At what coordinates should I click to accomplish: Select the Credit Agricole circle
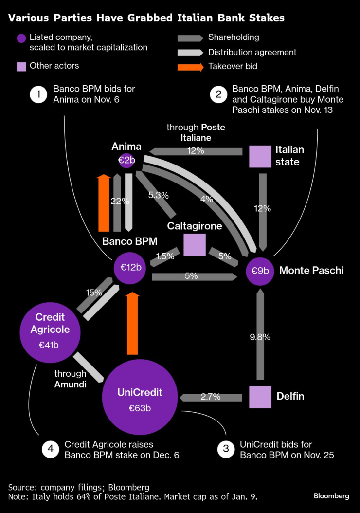pyautogui.click(x=50, y=330)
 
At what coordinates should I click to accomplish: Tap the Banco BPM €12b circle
pyautogui.click(x=130, y=268)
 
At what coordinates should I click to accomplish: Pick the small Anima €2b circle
pyautogui.click(x=126, y=160)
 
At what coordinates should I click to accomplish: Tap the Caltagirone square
pyautogui.click(x=195, y=244)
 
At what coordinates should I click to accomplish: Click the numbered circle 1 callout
pyautogui.click(x=38, y=94)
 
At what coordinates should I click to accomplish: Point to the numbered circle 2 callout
pyautogui.click(x=218, y=94)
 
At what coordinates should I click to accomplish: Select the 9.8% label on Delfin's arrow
pyautogui.click(x=260, y=336)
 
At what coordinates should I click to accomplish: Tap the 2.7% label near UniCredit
pyautogui.click(x=210, y=397)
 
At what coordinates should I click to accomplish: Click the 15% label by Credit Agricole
pyautogui.click(x=94, y=293)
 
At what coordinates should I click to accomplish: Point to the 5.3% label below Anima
pyautogui.click(x=159, y=195)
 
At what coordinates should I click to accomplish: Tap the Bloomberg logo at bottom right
pyautogui.click(x=331, y=496)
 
